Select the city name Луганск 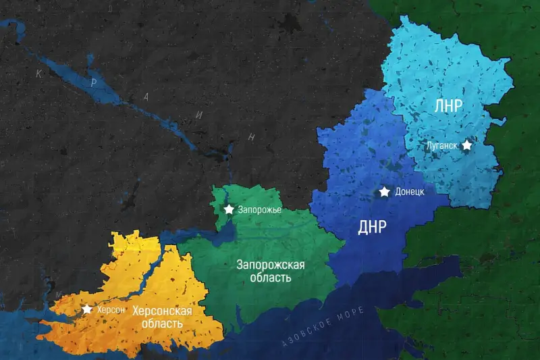pyautogui.click(x=442, y=145)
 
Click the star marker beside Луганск pyautogui.click(x=466, y=145)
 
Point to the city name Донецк pyautogui.click(x=409, y=192)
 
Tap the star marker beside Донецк pyautogui.click(x=385, y=192)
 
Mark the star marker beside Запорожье pyautogui.click(x=230, y=209)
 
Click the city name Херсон pyautogui.click(x=111, y=309)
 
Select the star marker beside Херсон pyautogui.click(x=87, y=309)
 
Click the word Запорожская pyautogui.click(x=270, y=264)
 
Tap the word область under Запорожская pyautogui.click(x=269, y=278)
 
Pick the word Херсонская pyautogui.click(x=162, y=311)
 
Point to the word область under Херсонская pyautogui.click(x=162, y=324)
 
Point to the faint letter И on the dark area pyautogui.click(x=198, y=115)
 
